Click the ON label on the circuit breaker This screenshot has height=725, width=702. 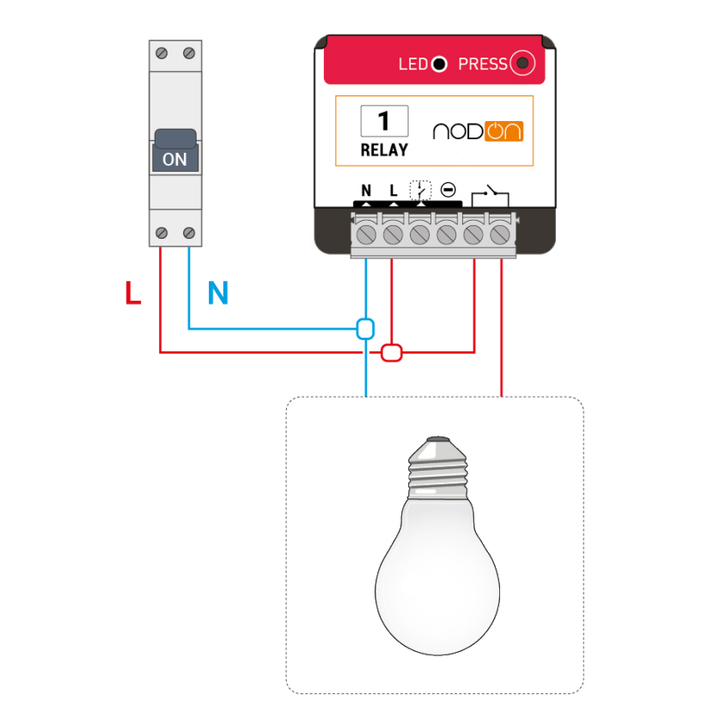click(x=174, y=159)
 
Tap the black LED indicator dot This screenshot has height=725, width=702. click(x=439, y=64)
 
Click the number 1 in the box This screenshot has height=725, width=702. click(x=383, y=120)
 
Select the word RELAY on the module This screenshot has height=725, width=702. click(x=383, y=149)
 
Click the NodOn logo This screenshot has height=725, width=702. click(x=478, y=131)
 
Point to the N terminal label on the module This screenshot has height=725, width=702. click(x=366, y=191)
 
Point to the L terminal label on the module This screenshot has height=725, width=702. click(x=393, y=191)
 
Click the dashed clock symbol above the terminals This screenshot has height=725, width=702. click(x=419, y=190)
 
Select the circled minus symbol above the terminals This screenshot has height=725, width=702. click(x=447, y=190)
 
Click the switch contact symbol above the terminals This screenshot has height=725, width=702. click(x=488, y=194)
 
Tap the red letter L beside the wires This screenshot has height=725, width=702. click(x=132, y=294)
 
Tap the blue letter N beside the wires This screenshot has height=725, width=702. click(x=218, y=294)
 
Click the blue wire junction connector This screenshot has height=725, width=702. click(x=366, y=328)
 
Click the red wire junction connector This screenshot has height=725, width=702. click(x=392, y=351)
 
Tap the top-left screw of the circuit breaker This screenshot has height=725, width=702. click(x=162, y=53)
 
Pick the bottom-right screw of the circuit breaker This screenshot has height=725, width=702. click(x=189, y=233)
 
